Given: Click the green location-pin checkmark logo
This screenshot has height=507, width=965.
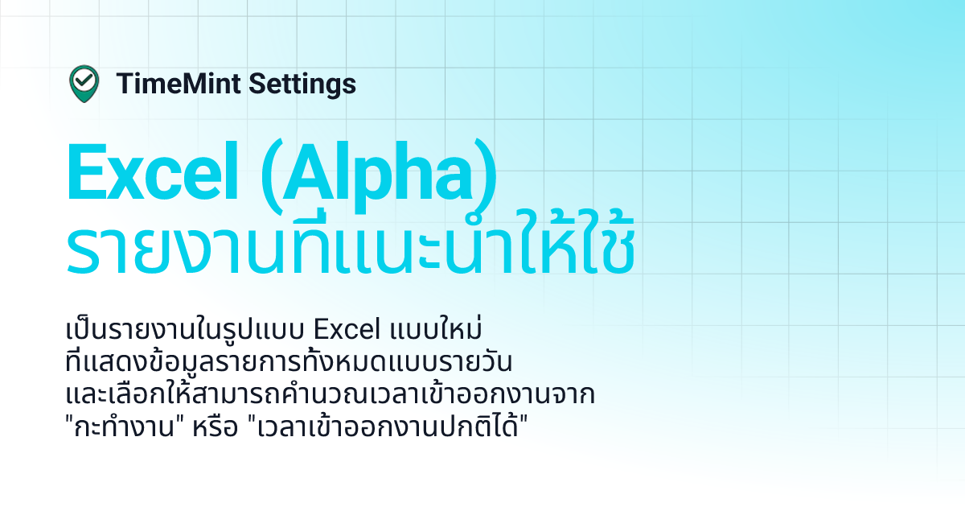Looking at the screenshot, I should tap(84, 84).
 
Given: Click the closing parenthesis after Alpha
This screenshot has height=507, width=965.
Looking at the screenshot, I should tap(486, 175).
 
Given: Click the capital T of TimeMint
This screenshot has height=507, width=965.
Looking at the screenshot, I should tap(123, 84).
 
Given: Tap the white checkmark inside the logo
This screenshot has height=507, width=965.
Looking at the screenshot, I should tap(84, 80).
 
